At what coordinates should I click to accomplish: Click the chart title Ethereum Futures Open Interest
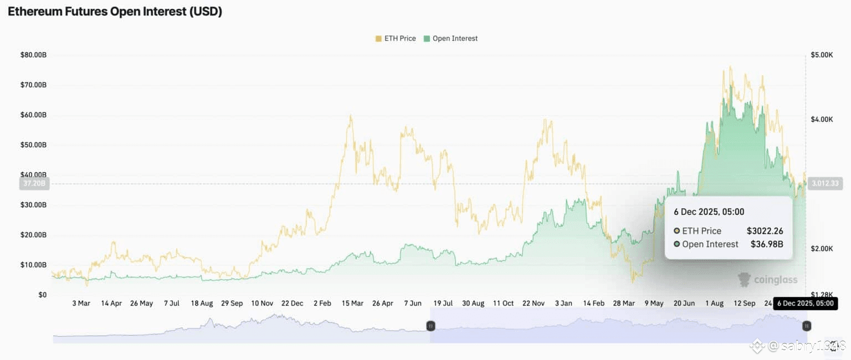pos(115,12)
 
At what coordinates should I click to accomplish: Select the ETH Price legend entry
pos(396,38)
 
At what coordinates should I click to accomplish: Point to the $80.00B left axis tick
pos(34,55)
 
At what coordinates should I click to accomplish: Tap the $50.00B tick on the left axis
pos(34,145)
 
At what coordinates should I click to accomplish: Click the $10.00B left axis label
pos(34,265)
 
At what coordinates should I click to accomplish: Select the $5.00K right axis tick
pos(822,55)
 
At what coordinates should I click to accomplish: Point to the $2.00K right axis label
pos(822,248)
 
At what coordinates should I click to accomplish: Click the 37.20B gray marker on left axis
pos(34,184)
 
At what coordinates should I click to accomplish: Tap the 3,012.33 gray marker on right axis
pos(825,184)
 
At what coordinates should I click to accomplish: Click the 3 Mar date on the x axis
pos(81,304)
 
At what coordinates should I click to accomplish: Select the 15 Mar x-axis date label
pos(352,304)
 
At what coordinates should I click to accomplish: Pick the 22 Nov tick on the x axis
pos(534,304)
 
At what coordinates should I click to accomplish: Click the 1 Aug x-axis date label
pos(714,304)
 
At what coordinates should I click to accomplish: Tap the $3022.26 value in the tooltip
pos(765,231)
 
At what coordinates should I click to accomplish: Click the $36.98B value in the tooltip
pos(767,244)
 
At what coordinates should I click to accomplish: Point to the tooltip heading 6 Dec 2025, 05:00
pos(709,212)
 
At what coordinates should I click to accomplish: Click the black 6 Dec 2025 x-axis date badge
pos(805,304)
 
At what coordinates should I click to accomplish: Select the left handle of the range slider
pos(430,326)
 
